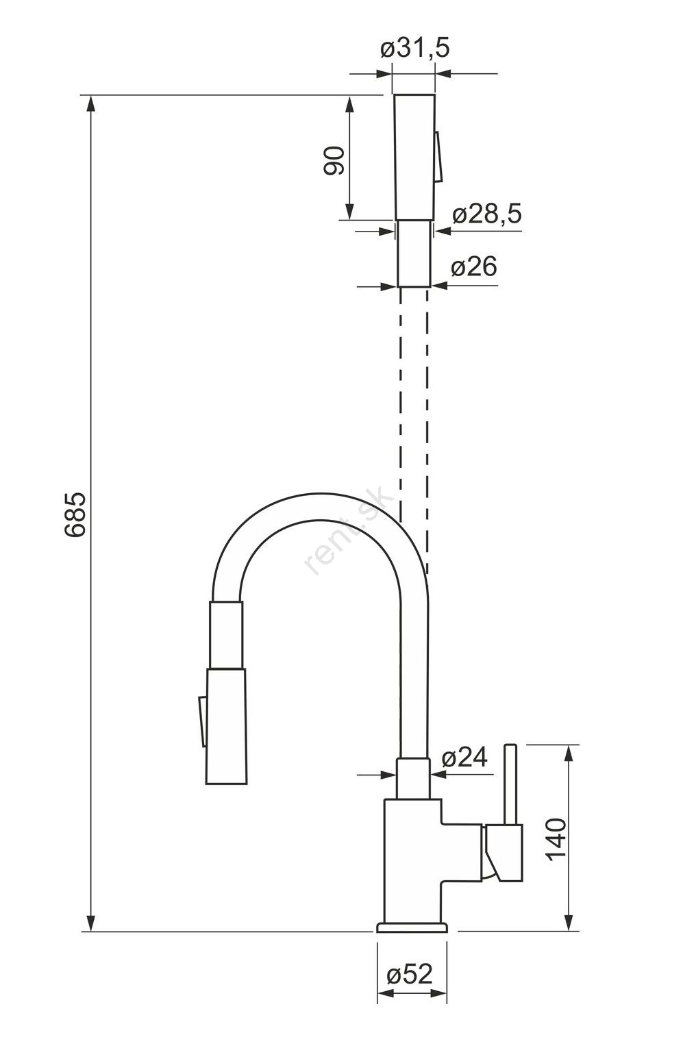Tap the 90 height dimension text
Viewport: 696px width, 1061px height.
pos(334,160)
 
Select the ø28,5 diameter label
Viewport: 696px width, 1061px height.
pos(486,214)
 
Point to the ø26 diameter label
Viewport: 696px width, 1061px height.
pos(474,266)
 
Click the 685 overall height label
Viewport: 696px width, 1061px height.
pos(75,514)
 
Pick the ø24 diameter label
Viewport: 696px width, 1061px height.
pos(464,758)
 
